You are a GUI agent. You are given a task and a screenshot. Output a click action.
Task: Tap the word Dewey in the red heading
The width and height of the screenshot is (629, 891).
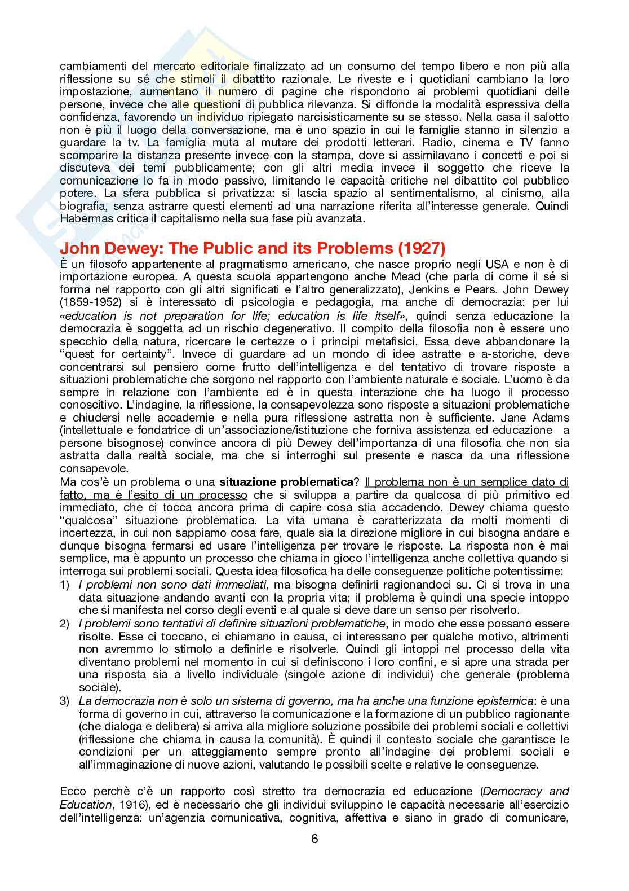click(x=122, y=249)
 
